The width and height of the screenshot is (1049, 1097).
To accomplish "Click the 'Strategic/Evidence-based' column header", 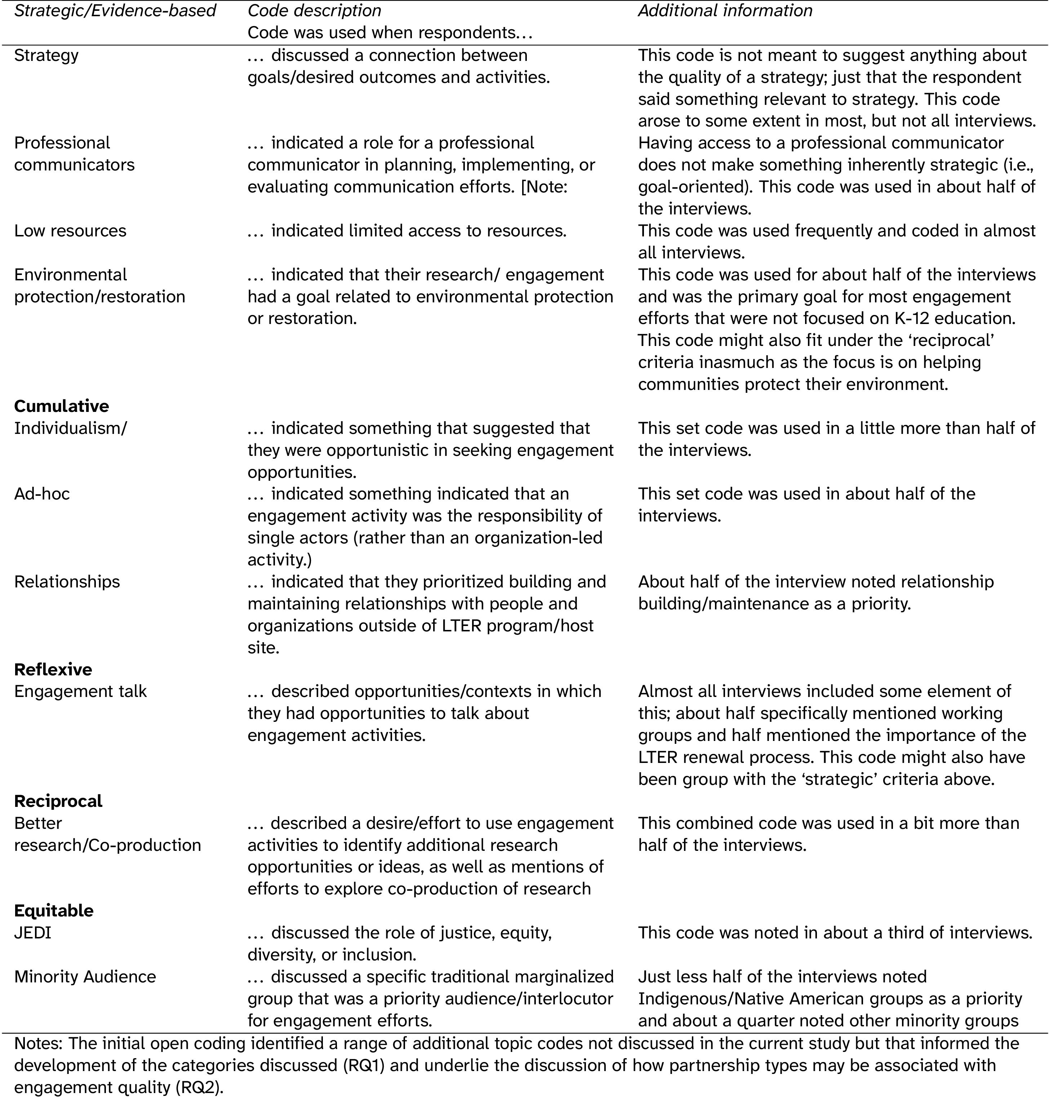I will coord(115,10).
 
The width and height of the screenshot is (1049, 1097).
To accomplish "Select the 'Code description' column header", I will coord(314,10).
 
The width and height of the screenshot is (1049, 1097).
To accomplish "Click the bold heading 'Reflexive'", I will coord(53,669).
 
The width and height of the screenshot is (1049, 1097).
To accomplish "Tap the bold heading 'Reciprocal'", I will coord(58,801).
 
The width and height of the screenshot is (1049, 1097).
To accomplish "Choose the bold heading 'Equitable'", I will coord(54,911).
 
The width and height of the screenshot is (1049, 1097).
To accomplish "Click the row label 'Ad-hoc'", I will coord(42,494).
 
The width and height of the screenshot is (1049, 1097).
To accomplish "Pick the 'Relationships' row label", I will coord(67,582).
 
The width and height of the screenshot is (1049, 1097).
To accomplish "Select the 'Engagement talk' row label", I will coord(80,692).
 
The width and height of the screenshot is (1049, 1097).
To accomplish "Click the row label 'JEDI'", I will coord(32,933).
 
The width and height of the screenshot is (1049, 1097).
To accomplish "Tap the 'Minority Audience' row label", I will coord(85,977).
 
